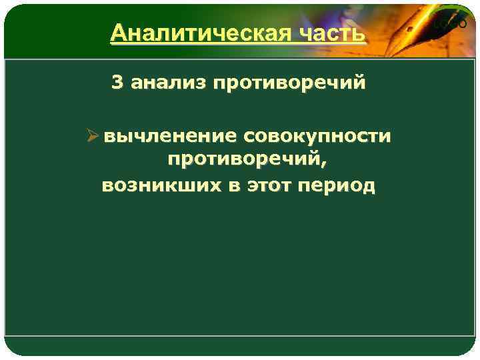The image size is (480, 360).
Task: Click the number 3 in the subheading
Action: click(x=117, y=83)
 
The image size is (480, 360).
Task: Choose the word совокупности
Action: click(x=318, y=137)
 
